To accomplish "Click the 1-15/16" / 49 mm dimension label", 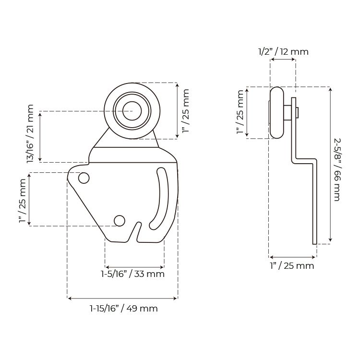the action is [x=124, y=308].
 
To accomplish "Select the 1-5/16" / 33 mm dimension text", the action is [x=133, y=274].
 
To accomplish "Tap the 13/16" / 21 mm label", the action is [x=30, y=134].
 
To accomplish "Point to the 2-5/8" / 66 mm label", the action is [x=336, y=169].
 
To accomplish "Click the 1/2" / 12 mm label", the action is [x=283, y=52].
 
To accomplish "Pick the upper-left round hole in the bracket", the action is [x=84, y=178].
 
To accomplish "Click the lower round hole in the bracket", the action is [x=120, y=221].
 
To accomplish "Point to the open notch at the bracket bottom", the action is [x=138, y=231].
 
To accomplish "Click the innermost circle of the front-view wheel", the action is [x=132, y=111].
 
